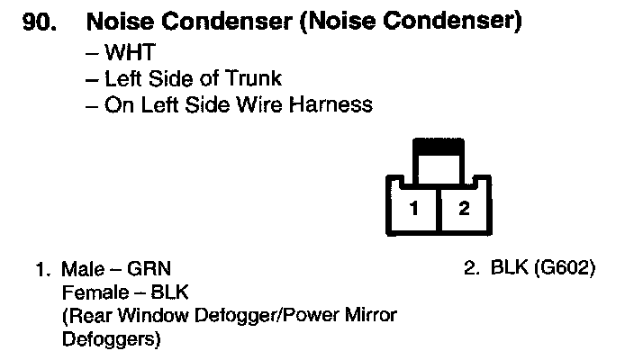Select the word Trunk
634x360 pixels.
point(252,78)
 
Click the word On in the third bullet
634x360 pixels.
point(117,104)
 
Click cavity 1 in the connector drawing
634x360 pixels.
point(413,209)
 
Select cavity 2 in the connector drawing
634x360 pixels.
point(464,209)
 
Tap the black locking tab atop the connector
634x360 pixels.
point(438,143)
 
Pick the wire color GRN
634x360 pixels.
point(149,269)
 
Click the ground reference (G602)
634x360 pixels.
point(566,269)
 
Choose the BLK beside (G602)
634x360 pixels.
point(511,269)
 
